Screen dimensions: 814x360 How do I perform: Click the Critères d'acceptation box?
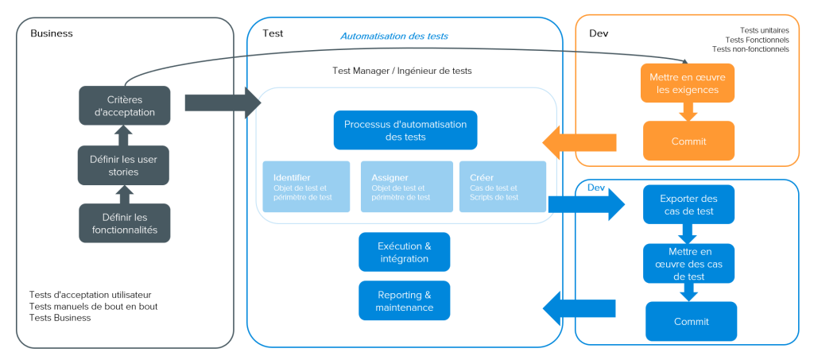pos(125,106)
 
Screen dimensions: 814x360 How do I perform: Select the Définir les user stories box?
pos(123,165)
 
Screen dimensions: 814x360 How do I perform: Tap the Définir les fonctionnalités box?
pos(125,223)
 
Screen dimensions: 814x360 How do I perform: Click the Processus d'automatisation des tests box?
pos(405,130)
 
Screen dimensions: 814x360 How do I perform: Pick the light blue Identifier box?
pos(306,187)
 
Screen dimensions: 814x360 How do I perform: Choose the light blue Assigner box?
pos(407,187)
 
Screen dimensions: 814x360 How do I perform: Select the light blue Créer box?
pos(502,187)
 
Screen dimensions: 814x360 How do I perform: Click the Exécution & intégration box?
pos(405,252)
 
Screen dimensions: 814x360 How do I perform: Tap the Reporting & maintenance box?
pos(405,301)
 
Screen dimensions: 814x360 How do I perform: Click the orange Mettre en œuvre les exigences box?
pos(688,83)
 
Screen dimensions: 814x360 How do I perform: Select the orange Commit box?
pos(689,141)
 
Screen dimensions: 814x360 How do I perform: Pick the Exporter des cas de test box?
pos(689,204)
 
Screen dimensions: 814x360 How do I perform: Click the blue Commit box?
pos(692,322)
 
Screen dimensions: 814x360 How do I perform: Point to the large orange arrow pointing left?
pos(579,143)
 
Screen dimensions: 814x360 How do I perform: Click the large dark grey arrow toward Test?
pos(223,103)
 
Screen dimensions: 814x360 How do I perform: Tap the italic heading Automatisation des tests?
pos(394,37)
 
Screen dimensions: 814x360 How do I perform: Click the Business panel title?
pos(52,33)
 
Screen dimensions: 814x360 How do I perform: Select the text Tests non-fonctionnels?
pos(750,49)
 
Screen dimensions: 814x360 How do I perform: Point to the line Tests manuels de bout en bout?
pos(94,307)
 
